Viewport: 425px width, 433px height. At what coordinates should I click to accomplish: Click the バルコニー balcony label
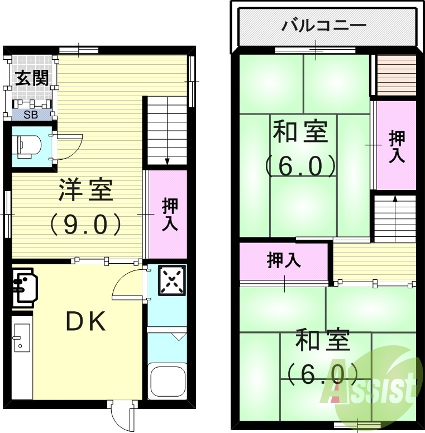point(324,26)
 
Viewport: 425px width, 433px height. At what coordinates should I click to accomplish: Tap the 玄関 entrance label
point(31,78)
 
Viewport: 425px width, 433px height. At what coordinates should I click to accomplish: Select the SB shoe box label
point(30,116)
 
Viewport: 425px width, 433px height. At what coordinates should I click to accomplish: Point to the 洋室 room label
point(85,191)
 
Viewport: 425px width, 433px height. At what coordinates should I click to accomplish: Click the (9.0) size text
point(85,224)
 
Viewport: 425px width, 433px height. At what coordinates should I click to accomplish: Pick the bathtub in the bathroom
point(167,380)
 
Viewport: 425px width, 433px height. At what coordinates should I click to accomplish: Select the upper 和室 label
point(300,132)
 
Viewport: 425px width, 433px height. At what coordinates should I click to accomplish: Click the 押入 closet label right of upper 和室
point(397,146)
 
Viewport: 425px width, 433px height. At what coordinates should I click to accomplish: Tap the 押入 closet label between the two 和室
point(283,261)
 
